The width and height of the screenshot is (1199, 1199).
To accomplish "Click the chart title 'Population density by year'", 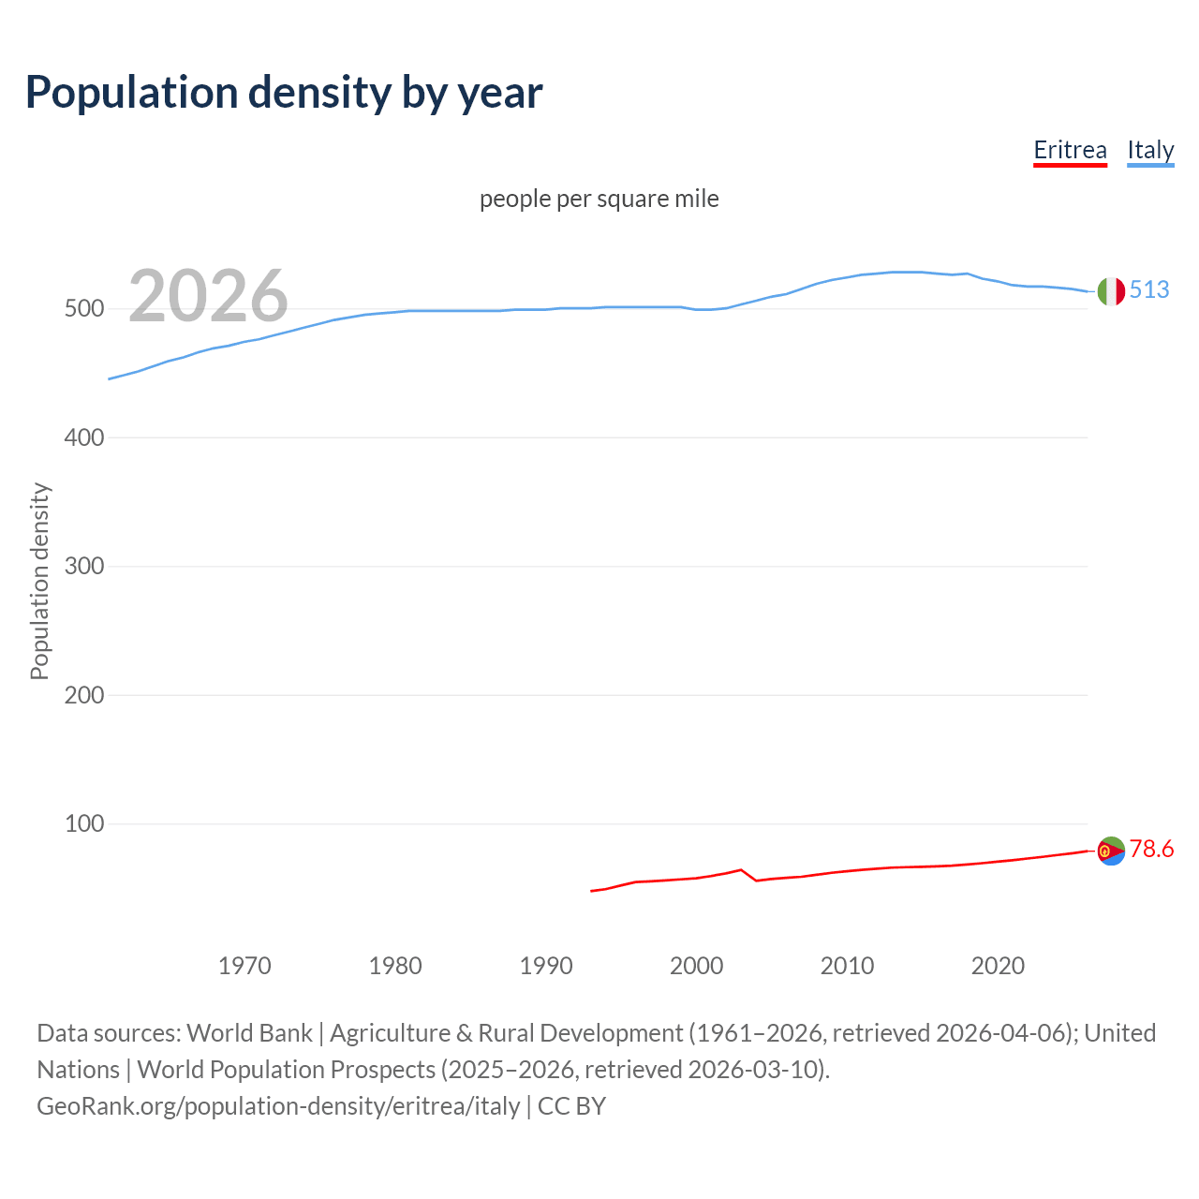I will [284, 93].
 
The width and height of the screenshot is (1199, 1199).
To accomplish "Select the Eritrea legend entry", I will [1070, 150].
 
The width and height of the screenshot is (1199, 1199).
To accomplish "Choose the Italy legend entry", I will [1150, 150].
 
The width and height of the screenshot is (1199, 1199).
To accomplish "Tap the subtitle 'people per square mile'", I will [599, 199].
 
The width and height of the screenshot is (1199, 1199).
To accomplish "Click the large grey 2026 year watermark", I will [208, 296].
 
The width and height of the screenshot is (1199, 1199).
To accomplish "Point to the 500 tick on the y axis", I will [83, 309].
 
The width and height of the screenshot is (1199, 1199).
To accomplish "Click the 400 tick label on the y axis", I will [83, 437].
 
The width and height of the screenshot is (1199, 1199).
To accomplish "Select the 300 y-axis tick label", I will [83, 567].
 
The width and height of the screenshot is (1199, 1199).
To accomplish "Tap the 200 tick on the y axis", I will [83, 695].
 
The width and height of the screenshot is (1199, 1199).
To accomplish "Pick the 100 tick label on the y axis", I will [83, 824].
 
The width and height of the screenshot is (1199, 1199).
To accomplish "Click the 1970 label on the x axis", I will [244, 966].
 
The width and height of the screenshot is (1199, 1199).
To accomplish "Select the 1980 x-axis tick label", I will [395, 966].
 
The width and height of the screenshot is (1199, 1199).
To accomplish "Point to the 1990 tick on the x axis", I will [546, 966].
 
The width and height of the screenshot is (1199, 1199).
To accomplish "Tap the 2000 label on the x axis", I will [696, 966].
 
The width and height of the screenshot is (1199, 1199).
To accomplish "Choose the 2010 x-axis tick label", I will [847, 966].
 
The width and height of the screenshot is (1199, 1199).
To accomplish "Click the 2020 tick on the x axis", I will [998, 966].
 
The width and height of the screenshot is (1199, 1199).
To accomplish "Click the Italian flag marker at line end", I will [1111, 291].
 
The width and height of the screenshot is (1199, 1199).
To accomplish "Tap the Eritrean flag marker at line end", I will [1111, 851].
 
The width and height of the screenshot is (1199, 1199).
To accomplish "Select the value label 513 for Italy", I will [1149, 289].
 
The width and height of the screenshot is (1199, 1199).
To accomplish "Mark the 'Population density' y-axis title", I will [39, 581].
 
